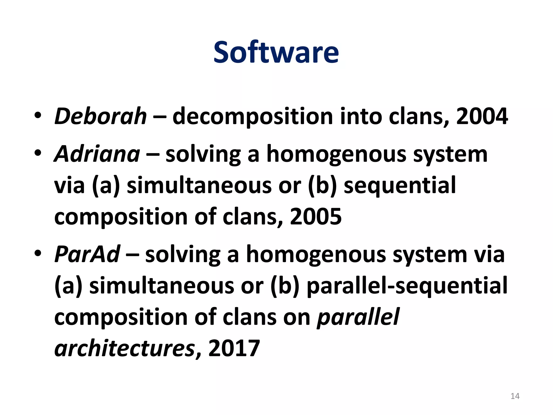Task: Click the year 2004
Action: point(482,116)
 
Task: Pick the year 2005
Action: point(316,217)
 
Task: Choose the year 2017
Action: point(234,348)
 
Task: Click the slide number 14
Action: point(515,396)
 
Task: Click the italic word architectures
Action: point(124,348)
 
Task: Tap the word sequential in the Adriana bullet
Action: point(400,186)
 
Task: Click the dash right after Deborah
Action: point(159,117)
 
